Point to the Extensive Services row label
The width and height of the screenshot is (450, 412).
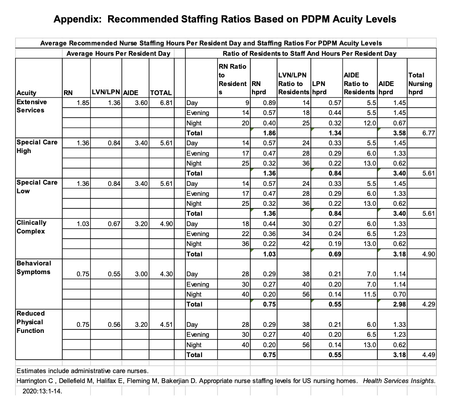pos(31,106)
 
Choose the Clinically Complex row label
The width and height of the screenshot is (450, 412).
pos(31,227)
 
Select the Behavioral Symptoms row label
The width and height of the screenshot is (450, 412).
pos(33,267)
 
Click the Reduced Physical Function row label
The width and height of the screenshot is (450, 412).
pos(30,322)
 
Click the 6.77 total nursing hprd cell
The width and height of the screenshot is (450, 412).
pos(427,133)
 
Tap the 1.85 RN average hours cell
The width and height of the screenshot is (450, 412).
pos(80,103)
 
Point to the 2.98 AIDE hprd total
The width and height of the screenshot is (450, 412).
pos(399,304)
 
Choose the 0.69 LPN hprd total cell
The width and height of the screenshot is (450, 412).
pos(335,254)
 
